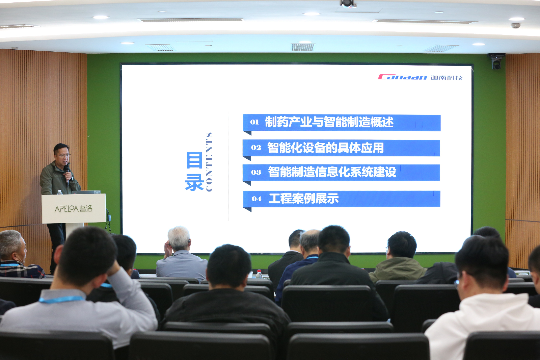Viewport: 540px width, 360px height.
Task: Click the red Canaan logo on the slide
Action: pos(402,77)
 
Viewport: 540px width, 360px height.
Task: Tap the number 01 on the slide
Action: pos(254,122)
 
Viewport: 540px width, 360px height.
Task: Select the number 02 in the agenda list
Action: pos(256,148)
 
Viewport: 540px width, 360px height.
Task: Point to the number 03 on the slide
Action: pos(256,172)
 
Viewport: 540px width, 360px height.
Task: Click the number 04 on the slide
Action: pos(256,199)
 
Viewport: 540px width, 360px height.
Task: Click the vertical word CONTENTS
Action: pos(209,162)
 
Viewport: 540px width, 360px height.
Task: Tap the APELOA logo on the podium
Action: pos(74,209)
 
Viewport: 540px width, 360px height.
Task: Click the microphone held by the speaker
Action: pos(67,173)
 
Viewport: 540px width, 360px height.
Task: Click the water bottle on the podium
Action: pos(60,192)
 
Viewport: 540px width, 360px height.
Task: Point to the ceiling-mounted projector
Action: pos(348,4)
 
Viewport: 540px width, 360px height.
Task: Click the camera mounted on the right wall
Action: pos(496,61)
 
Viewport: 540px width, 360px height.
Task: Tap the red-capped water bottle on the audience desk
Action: pos(259,274)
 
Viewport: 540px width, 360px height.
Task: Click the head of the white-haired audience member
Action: pos(179,239)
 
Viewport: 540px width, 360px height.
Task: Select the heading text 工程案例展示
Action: pos(304,199)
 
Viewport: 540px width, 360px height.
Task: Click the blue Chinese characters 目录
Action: pos(194,171)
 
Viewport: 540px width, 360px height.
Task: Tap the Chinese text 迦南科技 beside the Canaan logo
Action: pos(447,78)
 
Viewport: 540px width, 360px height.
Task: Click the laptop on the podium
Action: pos(86,192)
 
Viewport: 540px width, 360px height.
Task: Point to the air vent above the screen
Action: pos(303,47)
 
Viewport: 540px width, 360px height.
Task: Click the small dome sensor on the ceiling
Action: pos(515,25)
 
